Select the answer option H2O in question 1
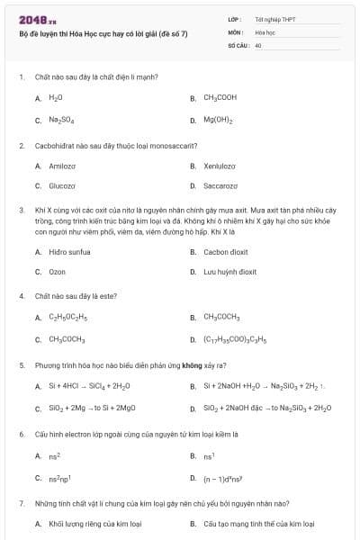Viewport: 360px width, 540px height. tap(55, 97)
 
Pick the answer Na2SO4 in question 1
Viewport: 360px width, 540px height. tap(60, 120)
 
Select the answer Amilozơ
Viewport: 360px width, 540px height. tap(62, 166)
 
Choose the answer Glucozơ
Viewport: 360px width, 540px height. tap(61, 186)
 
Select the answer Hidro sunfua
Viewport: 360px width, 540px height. tap(69, 252)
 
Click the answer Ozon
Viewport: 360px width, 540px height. tap(57, 272)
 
